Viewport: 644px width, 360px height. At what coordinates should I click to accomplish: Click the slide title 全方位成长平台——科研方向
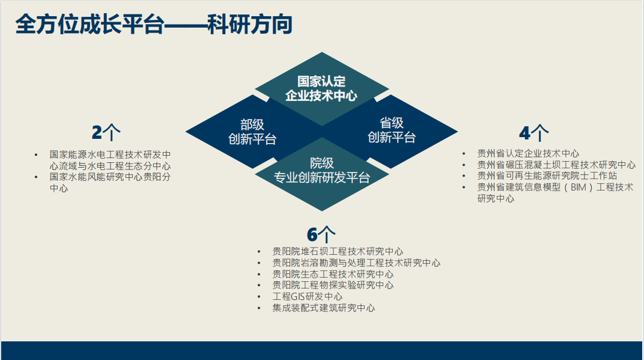click(154, 24)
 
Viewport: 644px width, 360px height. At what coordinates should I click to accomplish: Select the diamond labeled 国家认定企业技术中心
click(321, 88)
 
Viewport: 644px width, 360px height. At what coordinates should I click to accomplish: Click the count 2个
click(106, 132)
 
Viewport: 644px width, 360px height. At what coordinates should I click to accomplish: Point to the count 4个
click(533, 133)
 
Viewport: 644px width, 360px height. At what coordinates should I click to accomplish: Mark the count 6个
click(321, 234)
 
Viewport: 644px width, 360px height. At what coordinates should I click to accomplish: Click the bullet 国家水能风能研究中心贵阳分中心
click(110, 183)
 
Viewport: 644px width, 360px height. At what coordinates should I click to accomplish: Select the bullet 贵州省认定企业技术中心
click(528, 153)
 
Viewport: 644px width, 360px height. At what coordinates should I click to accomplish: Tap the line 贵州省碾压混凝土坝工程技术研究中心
click(556, 165)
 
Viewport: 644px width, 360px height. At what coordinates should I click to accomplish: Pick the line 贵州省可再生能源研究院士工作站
click(547, 176)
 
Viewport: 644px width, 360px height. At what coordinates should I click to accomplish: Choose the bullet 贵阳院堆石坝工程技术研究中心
click(338, 251)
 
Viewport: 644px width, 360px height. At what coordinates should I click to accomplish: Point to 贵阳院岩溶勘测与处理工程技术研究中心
click(356, 263)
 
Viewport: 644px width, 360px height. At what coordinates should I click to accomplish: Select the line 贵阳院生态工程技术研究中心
click(333, 274)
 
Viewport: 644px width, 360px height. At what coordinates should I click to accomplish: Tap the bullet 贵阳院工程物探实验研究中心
click(333, 285)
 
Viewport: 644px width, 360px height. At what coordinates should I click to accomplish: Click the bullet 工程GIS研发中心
click(307, 297)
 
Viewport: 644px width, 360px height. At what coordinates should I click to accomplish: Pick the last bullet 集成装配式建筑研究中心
click(324, 308)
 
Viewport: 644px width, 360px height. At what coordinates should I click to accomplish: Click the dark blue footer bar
click(321, 350)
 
